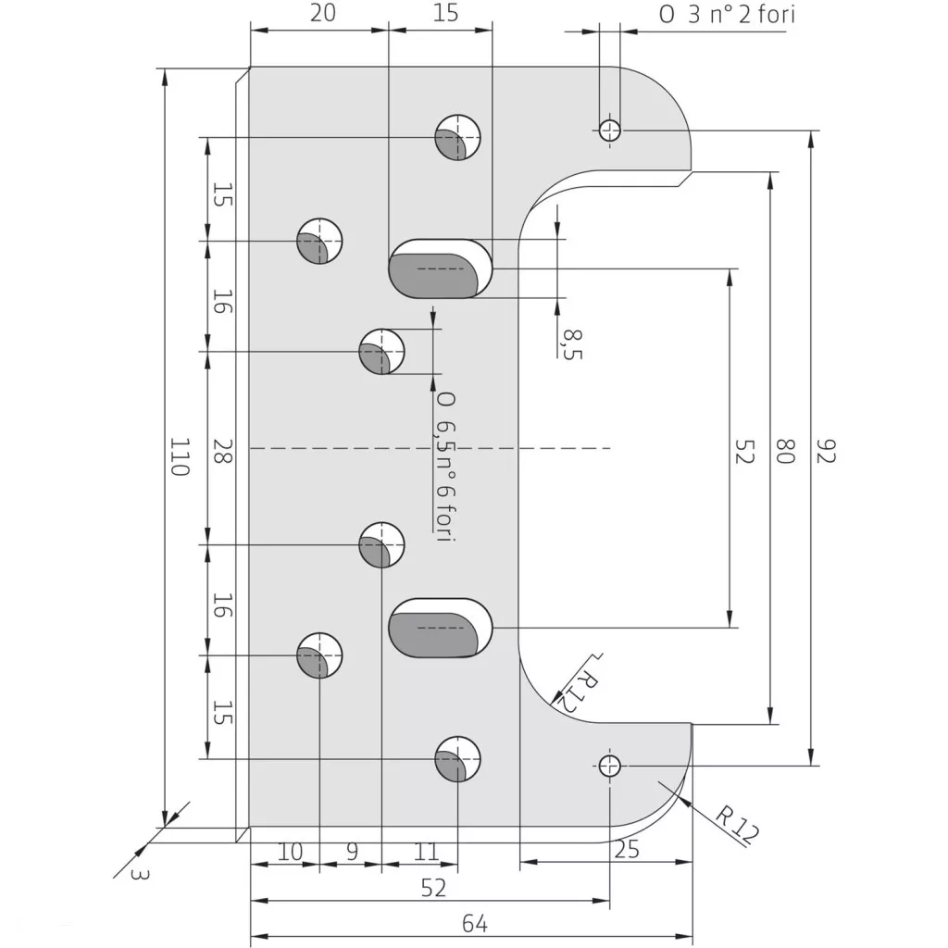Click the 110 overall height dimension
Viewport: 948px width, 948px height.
(x=180, y=456)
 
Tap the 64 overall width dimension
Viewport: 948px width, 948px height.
(x=475, y=924)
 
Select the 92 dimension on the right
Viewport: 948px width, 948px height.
(x=825, y=451)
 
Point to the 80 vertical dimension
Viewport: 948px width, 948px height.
(x=785, y=451)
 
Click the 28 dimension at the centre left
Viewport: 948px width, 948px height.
(x=221, y=451)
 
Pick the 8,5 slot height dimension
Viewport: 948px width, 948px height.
(x=572, y=344)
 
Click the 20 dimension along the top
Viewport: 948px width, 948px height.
(x=322, y=13)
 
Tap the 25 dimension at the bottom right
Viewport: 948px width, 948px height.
(x=627, y=850)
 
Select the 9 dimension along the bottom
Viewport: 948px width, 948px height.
(x=352, y=852)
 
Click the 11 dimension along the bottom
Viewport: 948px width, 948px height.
(x=426, y=852)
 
